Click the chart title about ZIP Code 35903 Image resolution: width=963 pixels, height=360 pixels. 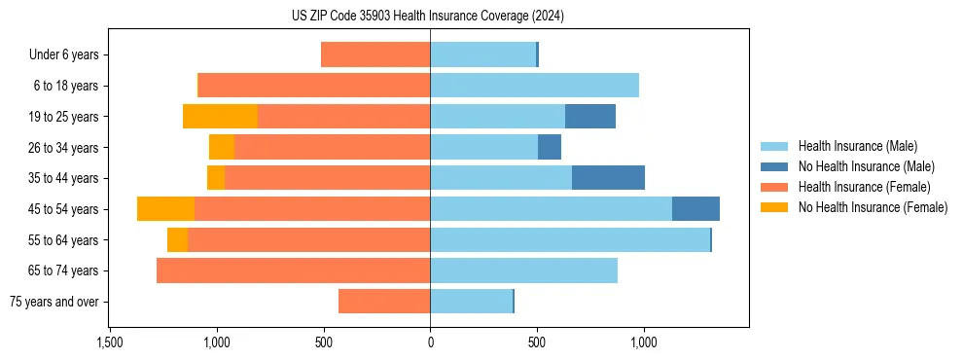[x=428, y=16]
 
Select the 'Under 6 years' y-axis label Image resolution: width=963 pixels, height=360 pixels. [x=63, y=54]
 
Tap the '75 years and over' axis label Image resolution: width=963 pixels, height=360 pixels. [x=54, y=302]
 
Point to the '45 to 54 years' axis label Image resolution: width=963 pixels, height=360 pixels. [x=64, y=209]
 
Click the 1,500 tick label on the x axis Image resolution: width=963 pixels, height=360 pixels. [x=110, y=342]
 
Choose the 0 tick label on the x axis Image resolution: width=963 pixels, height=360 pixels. [x=430, y=342]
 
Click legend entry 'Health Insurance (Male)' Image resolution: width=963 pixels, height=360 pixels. [x=857, y=146]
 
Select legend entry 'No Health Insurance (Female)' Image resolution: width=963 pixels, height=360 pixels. [x=873, y=207]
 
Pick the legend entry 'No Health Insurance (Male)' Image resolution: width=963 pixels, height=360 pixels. [x=866, y=166]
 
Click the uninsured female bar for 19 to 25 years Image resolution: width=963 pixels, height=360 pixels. [x=220, y=117]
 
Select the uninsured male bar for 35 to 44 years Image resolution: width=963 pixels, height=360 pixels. [x=608, y=178]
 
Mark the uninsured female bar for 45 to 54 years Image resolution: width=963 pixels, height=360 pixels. [x=165, y=209]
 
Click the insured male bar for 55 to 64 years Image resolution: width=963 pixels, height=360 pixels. [x=570, y=240]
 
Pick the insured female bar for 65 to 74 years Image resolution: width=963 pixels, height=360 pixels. [x=293, y=270]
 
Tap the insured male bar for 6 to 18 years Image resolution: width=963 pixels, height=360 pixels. [x=534, y=86]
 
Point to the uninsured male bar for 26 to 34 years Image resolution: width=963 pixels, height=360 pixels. [x=550, y=147]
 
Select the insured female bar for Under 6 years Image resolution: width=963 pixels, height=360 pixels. [x=375, y=54]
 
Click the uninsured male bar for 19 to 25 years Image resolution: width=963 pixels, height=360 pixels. [x=590, y=117]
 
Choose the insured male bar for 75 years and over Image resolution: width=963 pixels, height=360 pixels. [x=471, y=302]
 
